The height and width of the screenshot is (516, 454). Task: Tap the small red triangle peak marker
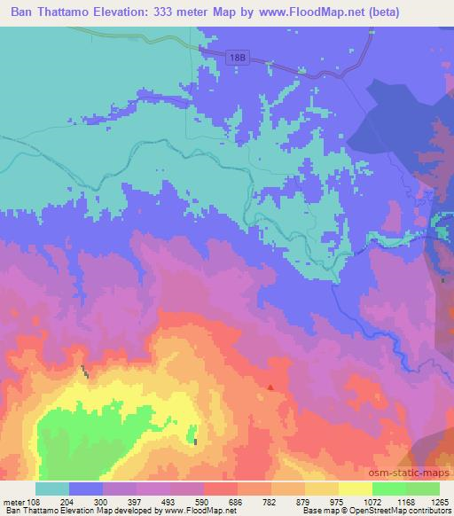pos(270,387)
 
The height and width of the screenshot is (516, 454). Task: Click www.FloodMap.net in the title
pos(294,12)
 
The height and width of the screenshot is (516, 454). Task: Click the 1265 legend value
pos(440,503)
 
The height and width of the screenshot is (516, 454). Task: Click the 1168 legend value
pos(406,503)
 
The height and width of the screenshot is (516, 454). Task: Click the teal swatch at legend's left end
pos(52,489)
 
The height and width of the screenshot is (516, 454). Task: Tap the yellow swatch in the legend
pos(356,489)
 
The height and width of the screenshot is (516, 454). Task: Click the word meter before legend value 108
pos(14,503)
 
